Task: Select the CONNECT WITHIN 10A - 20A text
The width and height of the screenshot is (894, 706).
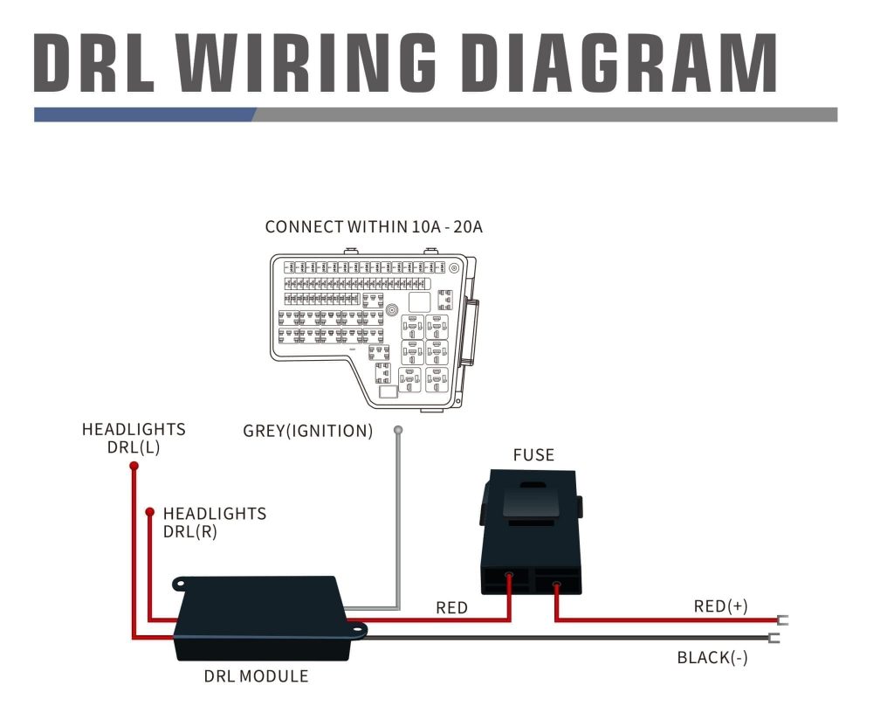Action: point(374,227)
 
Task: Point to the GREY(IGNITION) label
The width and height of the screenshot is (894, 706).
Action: point(307,431)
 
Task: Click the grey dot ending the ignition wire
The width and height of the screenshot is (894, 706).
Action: point(398,430)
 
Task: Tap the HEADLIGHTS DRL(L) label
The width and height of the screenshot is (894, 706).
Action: point(134,438)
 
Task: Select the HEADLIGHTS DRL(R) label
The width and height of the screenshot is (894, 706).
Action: point(214,522)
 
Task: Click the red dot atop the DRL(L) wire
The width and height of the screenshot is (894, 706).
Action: point(134,467)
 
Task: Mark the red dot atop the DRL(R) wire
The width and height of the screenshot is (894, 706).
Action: point(150,511)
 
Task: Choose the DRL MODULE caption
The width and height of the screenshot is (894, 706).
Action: point(256,675)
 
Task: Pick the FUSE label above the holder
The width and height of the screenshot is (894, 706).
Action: point(533,454)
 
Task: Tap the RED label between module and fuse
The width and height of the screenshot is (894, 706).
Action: point(451,607)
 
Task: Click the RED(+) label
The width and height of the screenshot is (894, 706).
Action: point(720,606)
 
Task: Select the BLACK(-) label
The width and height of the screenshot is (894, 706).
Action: point(712,658)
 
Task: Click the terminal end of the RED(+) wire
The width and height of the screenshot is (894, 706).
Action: point(782,621)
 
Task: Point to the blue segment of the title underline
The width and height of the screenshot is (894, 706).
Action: point(144,114)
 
